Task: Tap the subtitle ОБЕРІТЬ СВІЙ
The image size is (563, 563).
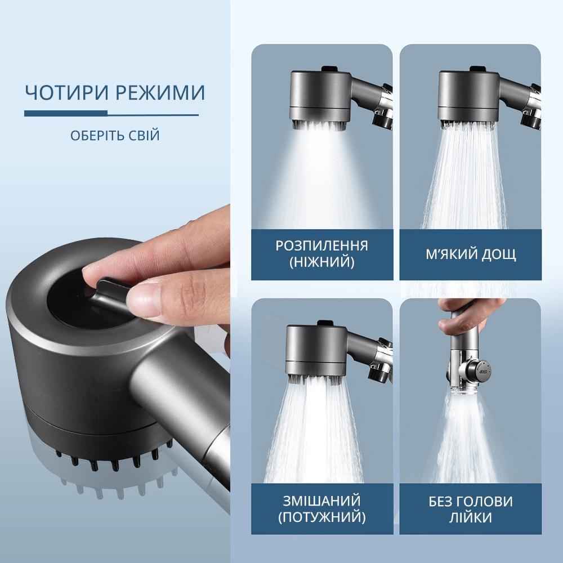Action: tap(115, 136)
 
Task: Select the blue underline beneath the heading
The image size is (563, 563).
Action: tap(111, 115)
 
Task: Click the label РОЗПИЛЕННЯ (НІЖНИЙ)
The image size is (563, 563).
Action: tap(321, 254)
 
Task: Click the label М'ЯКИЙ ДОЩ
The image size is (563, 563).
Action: tap(471, 254)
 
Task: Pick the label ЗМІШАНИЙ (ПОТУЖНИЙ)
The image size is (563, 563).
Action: tap(321, 509)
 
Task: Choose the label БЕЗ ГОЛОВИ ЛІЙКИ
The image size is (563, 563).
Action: tap(471, 509)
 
